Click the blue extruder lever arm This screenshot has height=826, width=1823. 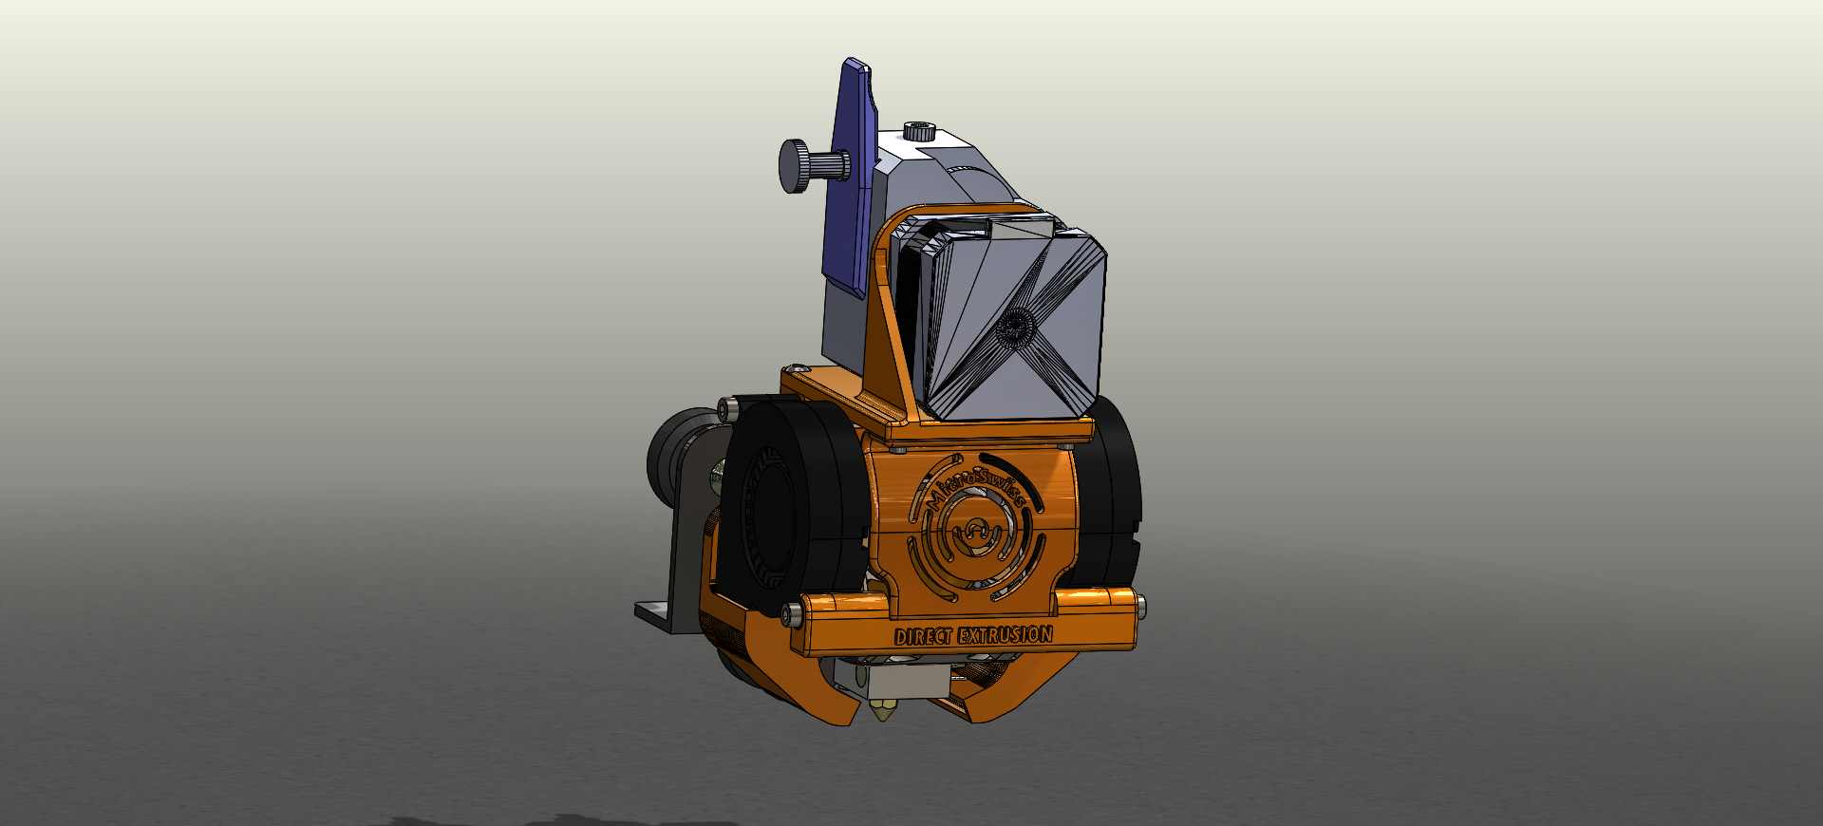click(853, 180)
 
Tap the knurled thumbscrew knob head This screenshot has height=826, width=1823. click(793, 166)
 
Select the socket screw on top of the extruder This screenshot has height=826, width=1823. click(918, 131)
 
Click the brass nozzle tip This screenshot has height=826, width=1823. click(884, 710)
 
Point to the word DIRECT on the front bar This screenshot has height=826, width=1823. click(925, 636)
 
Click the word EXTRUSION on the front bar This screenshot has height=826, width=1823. click(1005, 634)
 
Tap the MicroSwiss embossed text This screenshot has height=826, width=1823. click(978, 481)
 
